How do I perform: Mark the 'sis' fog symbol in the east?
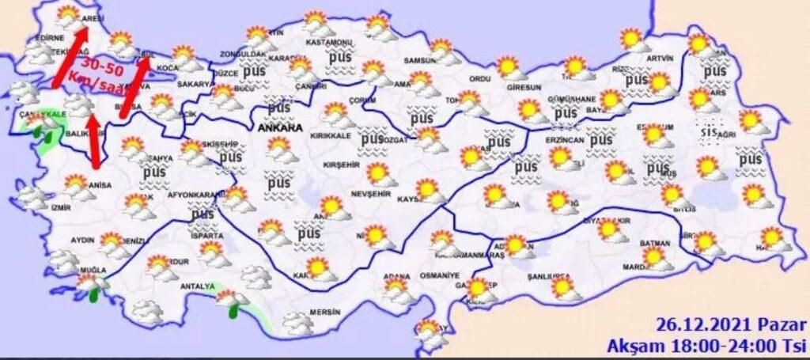click(x=706, y=131)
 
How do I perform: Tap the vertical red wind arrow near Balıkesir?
click(x=95, y=142)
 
